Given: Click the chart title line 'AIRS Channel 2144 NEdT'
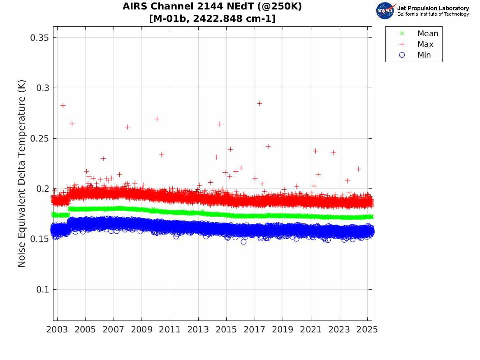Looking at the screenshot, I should (212, 7).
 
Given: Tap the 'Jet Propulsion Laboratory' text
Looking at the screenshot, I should (433, 8).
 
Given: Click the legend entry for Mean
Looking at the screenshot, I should (427, 34).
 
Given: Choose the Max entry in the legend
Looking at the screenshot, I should (425, 44).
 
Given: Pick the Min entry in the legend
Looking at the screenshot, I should (424, 55).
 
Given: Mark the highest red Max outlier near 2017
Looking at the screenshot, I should (259, 103).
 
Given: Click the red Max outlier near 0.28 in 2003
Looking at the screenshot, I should (63, 106).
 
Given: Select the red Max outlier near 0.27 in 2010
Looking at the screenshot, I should (157, 119).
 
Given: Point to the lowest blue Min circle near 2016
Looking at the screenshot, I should (243, 242).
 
